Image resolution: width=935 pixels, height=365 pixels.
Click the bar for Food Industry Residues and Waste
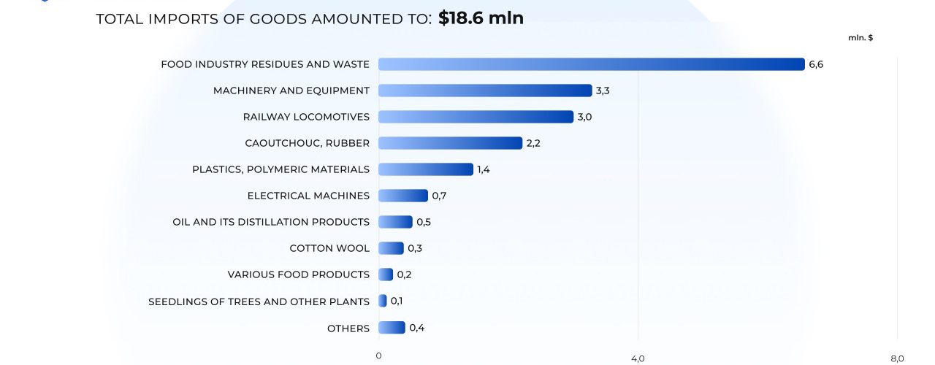coord(591,64)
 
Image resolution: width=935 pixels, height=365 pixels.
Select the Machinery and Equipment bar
coord(485,91)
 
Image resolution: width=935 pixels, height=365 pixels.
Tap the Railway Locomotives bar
coord(476,117)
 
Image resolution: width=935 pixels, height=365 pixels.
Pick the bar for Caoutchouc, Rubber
coord(450,143)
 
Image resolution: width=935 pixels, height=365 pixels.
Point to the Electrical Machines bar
coord(402,196)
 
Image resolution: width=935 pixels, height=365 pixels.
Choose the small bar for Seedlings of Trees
coord(383,301)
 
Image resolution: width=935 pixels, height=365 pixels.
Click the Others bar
coord(392,328)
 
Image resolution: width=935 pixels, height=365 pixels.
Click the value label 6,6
coord(816,64)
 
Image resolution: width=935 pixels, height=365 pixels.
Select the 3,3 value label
coord(603,91)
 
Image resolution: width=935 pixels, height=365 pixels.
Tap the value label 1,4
coord(484,169)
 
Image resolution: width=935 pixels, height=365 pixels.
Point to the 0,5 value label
coord(424,222)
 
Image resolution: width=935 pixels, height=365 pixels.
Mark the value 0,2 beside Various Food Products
coord(404,274)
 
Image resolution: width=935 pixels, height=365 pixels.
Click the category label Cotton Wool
coord(329,248)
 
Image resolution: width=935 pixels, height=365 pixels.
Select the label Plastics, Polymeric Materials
coord(280,169)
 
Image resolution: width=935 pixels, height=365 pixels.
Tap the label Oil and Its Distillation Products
coord(271,222)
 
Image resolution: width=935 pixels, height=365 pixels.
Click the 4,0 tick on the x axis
coord(638,358)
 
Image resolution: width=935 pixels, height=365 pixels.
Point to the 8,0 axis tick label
coord(897,358)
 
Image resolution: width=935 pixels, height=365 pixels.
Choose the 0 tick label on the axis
coord(378,356)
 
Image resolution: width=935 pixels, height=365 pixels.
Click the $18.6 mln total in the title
coord(481,18)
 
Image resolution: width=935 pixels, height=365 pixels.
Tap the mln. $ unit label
coord(860,37)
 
